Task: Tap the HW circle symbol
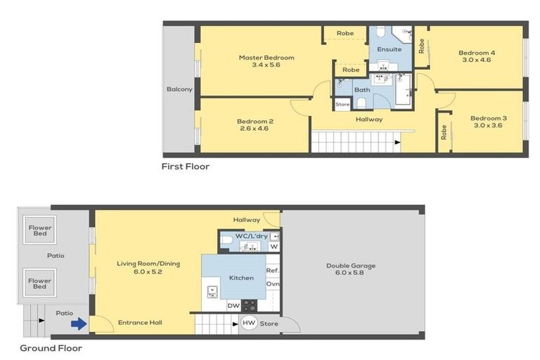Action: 249,323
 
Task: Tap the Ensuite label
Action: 389,49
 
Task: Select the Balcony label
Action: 179,89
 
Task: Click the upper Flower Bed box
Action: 39,231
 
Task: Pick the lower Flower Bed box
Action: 39,283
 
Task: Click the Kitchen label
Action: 241,278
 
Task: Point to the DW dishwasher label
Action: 233,305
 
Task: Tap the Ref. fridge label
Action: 273,270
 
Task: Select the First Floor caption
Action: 186,167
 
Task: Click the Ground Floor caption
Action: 51,348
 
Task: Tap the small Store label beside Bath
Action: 342,105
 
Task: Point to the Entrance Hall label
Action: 140,323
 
